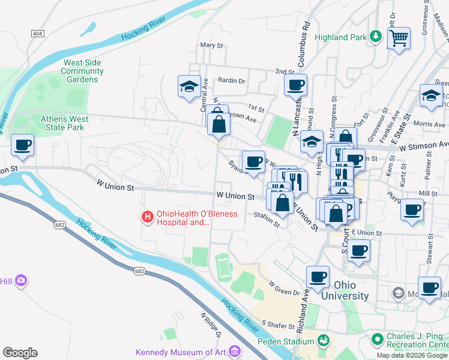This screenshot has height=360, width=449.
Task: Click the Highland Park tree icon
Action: point(376,37)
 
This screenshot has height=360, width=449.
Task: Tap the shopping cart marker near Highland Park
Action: point(398,39)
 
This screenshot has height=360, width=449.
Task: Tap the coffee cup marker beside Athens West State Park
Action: point(23,146)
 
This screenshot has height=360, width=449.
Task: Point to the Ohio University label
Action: point(345,290)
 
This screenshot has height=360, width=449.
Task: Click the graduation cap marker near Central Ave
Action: point(190,87)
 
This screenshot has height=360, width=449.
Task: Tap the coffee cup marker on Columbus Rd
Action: point(295,86)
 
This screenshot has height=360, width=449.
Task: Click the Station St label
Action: point(267,218)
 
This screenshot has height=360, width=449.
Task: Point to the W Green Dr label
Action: point(284,288)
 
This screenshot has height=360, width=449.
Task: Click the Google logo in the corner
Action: point(20,353)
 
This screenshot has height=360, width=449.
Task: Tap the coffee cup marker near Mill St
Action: point(412,211)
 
